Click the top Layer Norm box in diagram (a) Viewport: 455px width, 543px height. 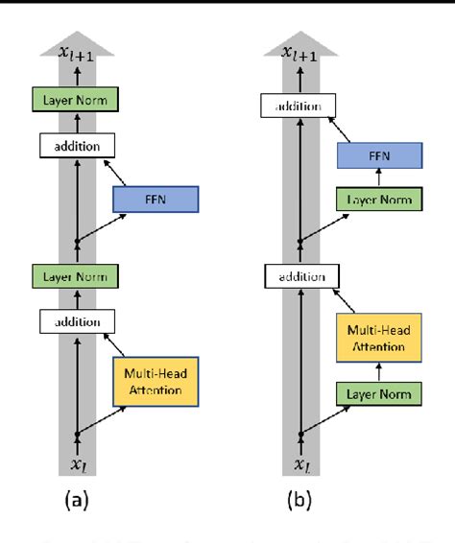point(76,98)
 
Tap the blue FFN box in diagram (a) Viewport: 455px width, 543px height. point(155,200)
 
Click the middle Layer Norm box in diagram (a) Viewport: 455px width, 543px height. point(76,275)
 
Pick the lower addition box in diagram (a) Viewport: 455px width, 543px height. point(76,320)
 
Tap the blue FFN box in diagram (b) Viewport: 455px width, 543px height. point(380,155)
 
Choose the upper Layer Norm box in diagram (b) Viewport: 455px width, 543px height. point(380,200)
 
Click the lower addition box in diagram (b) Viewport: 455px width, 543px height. point(301,276)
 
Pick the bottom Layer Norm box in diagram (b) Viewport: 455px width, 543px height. point(380,393)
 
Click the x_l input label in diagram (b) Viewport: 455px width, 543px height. point(301,464)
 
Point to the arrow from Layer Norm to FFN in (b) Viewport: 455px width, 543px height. point(380,178)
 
